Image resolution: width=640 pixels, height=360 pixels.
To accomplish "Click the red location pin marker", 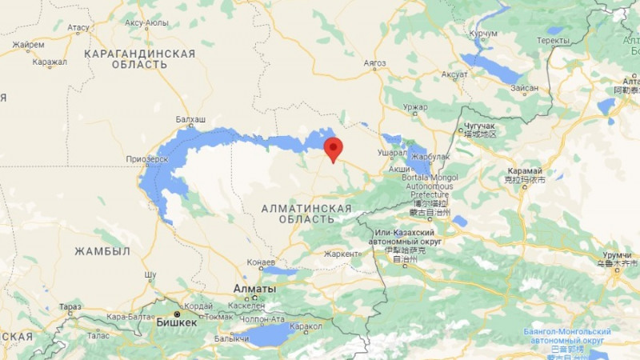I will tap(333, 149).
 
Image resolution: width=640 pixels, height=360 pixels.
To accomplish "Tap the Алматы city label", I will tap(254, 289).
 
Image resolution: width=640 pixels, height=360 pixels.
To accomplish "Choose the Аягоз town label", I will tap(374, 63).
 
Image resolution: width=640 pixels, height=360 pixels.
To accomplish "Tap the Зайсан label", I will tap(525, 87).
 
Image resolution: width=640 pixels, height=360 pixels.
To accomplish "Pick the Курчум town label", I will tap(484, 34).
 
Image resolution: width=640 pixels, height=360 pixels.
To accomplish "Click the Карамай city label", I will tap(525, 171).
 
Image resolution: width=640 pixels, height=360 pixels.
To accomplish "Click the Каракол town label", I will tap(306, 326).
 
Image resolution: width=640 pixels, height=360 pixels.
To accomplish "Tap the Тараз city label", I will tap(70, 307).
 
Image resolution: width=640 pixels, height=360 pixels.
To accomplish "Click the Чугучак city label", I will tap(478, 126).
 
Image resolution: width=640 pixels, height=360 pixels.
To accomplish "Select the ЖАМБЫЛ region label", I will tap(102, 251).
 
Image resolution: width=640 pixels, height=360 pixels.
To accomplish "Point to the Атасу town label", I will tap(78, 27).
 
